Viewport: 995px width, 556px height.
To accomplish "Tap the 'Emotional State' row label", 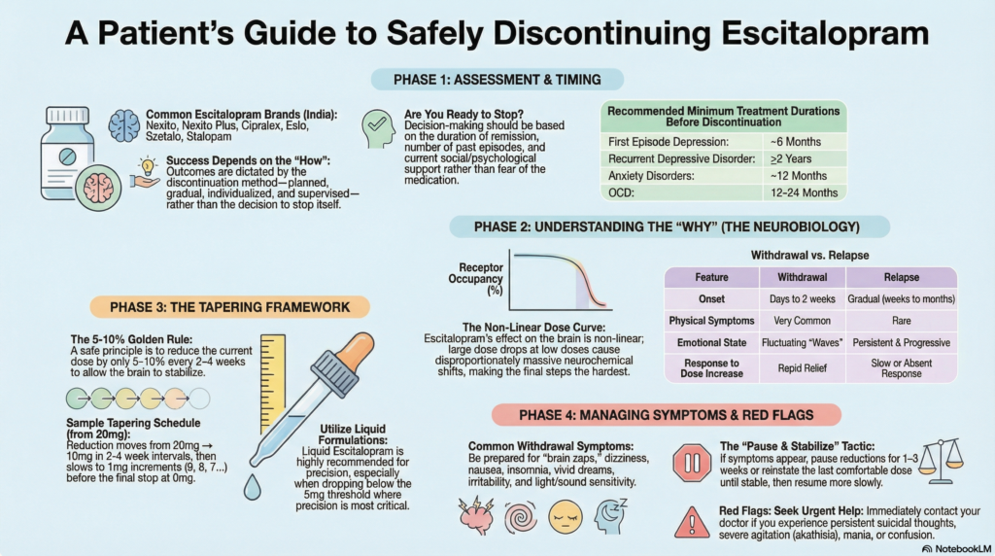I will pos(711,342).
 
